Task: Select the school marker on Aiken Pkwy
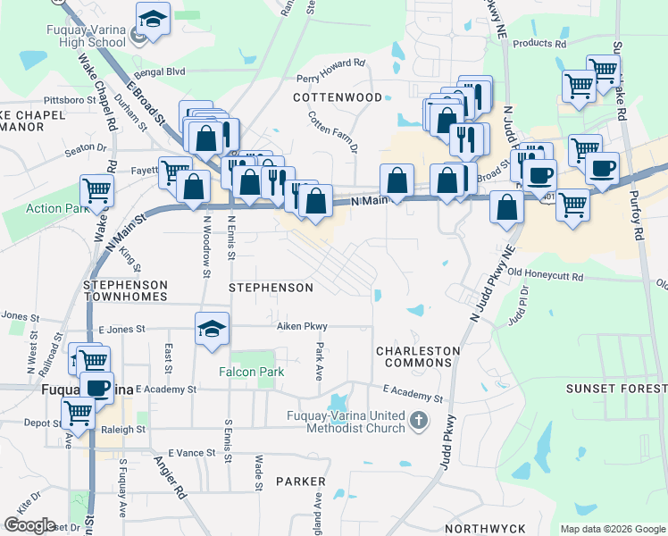[x=213, y=329]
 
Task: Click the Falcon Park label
[x=253, y=372]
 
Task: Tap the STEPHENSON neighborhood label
[x=271, y=288]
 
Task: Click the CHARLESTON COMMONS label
[x=417, y=357]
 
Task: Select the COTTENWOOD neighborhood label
[x=338, y=96]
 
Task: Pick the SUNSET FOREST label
[x=616, y=389]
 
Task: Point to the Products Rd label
[x=539, y=43]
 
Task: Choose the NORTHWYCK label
[x=484, y=529]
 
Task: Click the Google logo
[x=29, y=525]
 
